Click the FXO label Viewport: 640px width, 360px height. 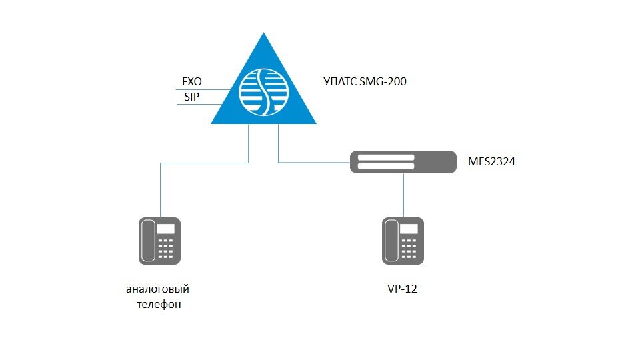coord(192,81)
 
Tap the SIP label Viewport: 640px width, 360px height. coord(192,97)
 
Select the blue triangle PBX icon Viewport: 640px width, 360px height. coord(264,79)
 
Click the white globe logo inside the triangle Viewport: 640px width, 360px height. coord(264,92)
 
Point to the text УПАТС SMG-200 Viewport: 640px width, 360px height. coord(365,81)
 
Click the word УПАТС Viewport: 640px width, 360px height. coord(340,81)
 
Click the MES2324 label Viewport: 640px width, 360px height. coord(491,161)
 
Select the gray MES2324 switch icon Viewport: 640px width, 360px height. coord(403,162)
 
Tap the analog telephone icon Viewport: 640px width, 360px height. coord(159,241)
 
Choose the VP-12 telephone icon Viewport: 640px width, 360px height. coord(403,241)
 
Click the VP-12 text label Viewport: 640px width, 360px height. coord(403,289)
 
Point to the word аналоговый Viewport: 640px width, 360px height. coord(157,289)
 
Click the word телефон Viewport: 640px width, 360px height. coord(159,305)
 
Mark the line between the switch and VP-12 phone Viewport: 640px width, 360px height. coord(404,195)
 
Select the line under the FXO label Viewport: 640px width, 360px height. coord(203,89)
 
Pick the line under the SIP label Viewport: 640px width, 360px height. coord(199,105)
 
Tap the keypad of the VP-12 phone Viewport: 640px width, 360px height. coord(409,249)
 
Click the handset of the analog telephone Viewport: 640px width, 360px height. coord(148,241)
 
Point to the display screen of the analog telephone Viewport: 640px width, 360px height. coord(166,229)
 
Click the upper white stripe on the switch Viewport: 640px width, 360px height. coord(386,157)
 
